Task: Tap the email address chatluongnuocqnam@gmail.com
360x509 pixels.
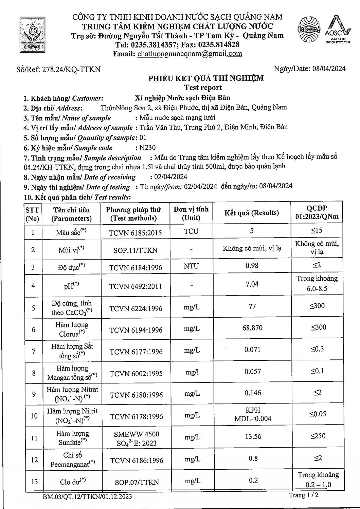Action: click(190, 54)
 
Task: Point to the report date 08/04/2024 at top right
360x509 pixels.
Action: click(328, 69)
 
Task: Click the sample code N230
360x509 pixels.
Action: click(147, 148)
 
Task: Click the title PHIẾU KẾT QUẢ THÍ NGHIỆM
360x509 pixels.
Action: click(206, 78)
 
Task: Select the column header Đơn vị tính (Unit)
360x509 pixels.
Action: click(191, 213)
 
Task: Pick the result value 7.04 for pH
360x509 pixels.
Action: click(252, 284)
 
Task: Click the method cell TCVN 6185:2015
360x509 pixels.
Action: click(135, 233)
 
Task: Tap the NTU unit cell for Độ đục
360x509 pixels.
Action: click(191, 266)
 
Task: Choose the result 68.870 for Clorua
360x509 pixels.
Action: click(252, 328)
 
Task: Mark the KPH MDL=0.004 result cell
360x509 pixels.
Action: click(253, 414)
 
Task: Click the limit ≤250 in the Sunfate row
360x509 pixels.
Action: click(318, 436)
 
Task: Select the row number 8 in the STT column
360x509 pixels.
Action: click(34, 373)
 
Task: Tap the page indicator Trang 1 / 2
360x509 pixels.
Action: click(304, 495)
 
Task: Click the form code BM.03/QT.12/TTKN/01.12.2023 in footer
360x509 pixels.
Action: click(87, 497)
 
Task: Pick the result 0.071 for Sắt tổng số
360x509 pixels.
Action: click(252, 350)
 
